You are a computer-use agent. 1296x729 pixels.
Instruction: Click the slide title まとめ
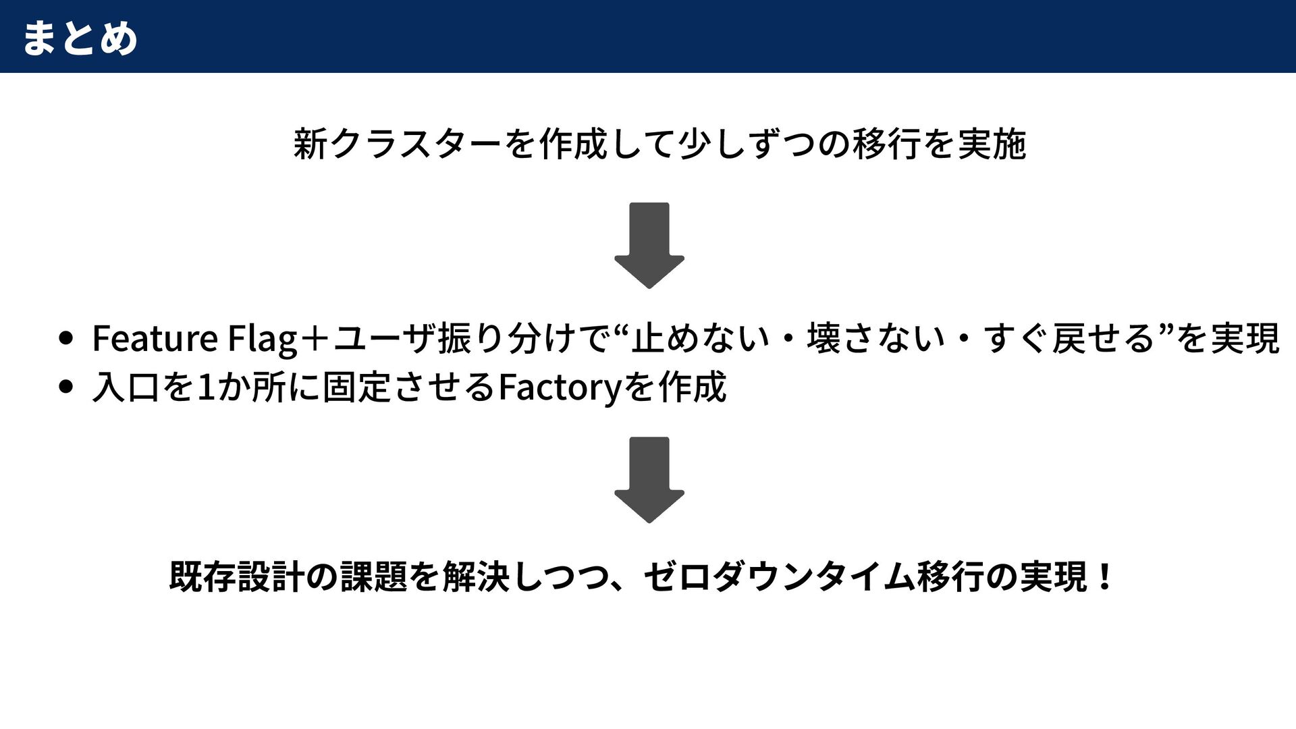tap(80, 38)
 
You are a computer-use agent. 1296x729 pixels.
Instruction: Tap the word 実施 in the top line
tap(992, 144)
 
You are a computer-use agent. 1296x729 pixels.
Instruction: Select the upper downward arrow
tap(649, 244)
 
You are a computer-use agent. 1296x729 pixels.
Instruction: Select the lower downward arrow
tap(649, 479)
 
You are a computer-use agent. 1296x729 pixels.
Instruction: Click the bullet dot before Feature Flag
tap(65, 337)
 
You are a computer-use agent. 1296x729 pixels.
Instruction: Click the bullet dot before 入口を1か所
tap(65, 387)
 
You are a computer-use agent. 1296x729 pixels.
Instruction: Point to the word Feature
tap(155, 338)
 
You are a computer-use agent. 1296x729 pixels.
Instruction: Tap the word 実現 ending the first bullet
tap(1245, 338)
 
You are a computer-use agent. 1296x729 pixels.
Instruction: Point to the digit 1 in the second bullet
tap(206, 387)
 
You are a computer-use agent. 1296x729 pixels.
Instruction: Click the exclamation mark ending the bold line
tap(1104, 577)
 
